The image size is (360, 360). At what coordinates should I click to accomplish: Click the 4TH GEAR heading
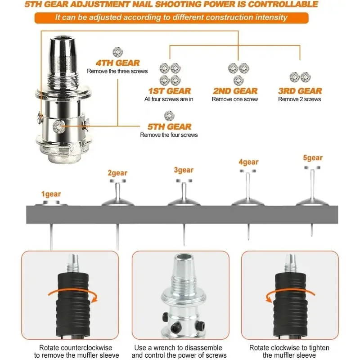click(117, 63)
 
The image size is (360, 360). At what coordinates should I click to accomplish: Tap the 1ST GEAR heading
click(170, 91)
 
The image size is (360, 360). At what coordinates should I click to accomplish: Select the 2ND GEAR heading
click(235, 91)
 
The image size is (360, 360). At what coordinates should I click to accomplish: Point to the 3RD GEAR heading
click(300, 91)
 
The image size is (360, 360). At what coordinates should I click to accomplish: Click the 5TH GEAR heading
click(170, 126)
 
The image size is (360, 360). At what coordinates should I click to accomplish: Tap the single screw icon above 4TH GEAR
click(118, 52)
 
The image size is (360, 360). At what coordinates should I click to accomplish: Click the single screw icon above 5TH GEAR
click(169, 116)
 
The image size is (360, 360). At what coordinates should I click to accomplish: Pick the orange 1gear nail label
click(51, 194)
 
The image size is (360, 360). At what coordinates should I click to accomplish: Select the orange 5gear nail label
click(313, 158)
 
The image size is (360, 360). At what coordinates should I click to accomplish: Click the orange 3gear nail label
click(184, 170)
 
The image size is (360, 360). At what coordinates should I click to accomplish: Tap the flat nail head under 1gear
click(51, 203)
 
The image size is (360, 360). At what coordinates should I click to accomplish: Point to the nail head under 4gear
click(248, 171)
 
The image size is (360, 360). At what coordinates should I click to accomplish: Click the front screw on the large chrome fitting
click(58, 127)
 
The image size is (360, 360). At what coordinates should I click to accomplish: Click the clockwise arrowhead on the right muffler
click(268, 299)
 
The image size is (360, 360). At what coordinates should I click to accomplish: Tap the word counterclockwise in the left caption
click(86, 347)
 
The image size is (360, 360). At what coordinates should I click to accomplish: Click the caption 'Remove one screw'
click(235, 99)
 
